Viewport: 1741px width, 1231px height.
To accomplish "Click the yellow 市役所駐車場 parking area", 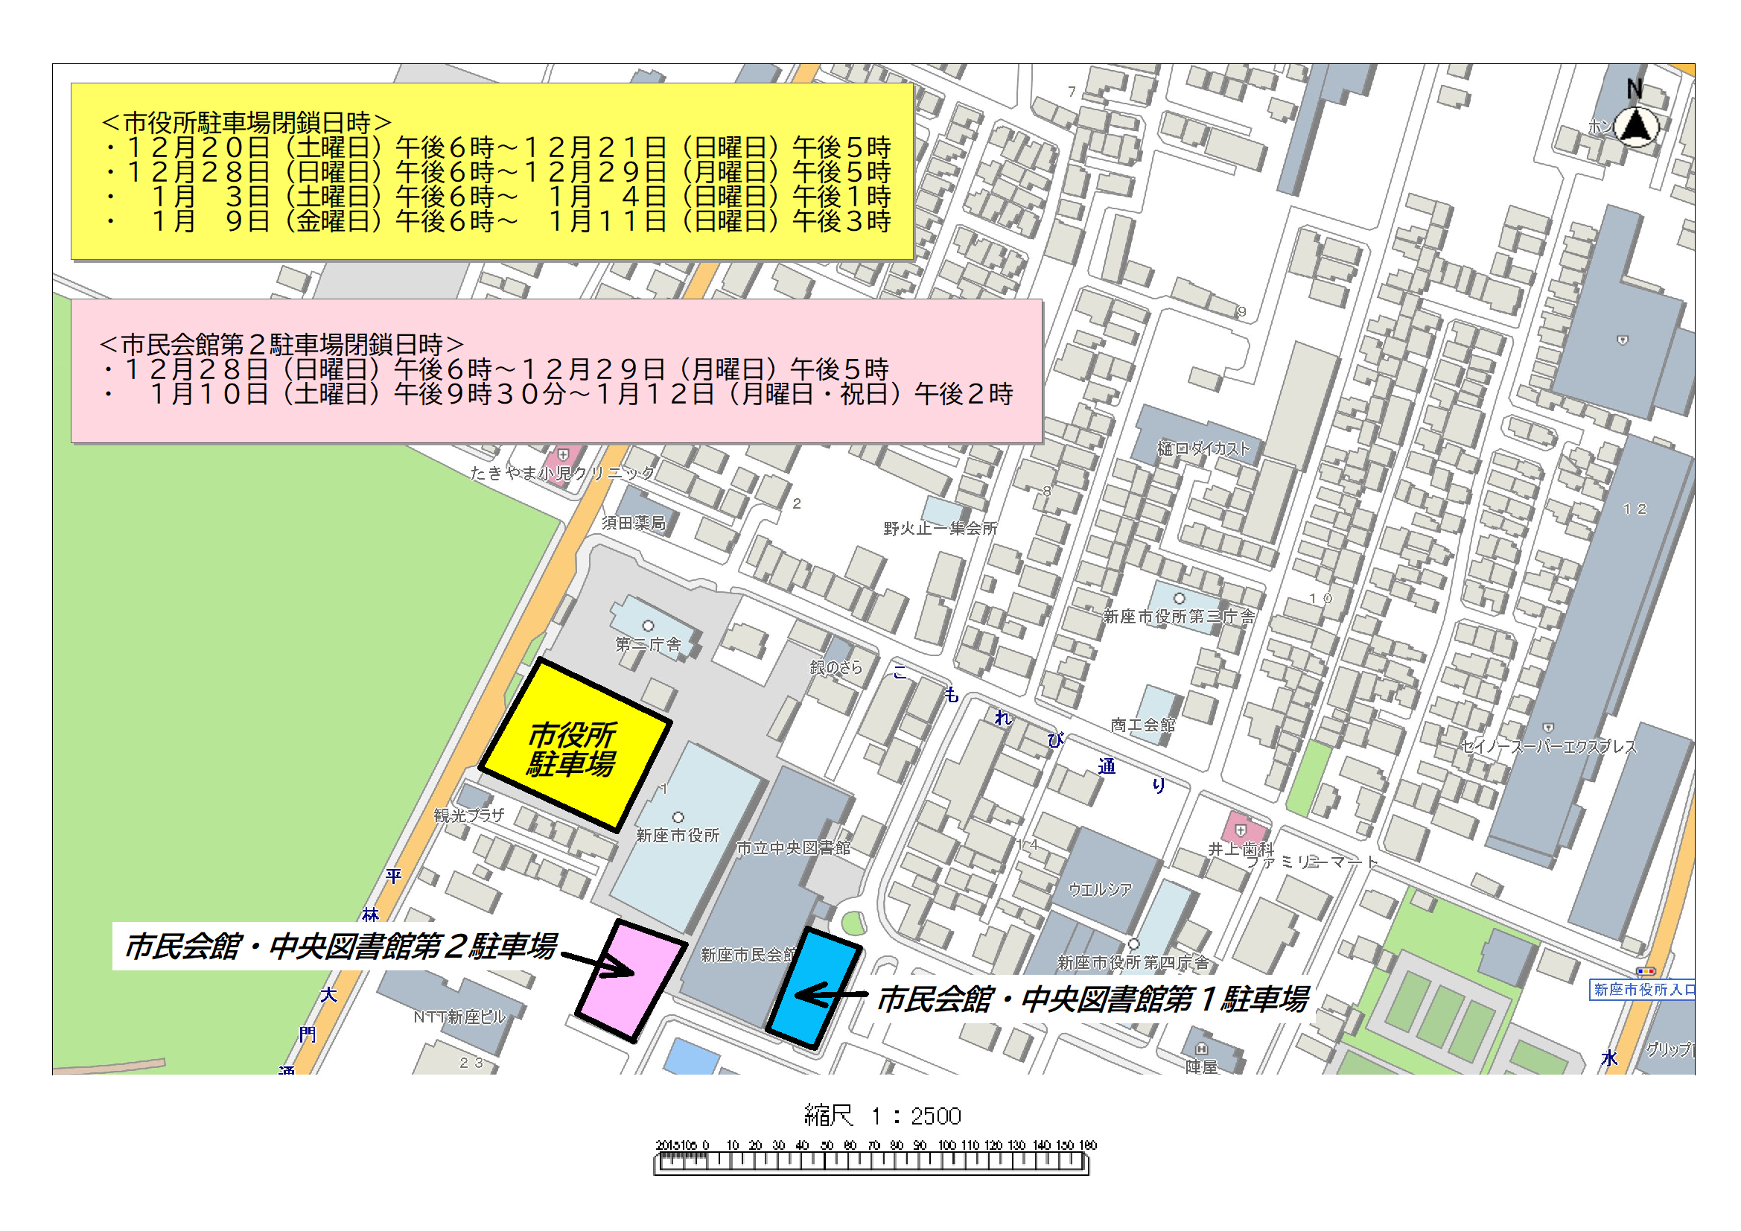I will pyautogui.click(x=574, y=747).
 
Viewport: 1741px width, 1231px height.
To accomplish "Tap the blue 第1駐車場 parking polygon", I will pyautogui.click(x=814, y=988).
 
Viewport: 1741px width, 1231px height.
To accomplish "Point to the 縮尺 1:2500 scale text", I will pyautogui.click(x=882, y=1116).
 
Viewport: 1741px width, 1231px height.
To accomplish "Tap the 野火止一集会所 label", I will pyautogui.click(x=940, y=528).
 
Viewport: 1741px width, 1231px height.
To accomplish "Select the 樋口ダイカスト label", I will pyautogui.click(x=1203, y=448).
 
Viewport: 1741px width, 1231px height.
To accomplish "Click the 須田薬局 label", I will pyautogui.click(x=634, y=523).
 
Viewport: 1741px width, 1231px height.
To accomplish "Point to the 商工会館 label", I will pyautogui.click(x=1143, y=725).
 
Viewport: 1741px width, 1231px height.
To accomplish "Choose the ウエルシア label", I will pyautogui.click(x=1100, y=889).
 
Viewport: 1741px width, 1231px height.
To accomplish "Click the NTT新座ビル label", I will pyautogui.click(x=459, y=1017).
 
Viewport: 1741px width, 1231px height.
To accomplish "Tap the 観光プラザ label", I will pyautogui.click(x=468, y=815).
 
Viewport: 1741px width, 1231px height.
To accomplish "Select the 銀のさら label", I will pyautogui.click(x=836, y=667).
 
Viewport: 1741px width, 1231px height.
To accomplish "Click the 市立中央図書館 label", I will pyautogui.click(x=793, y=848).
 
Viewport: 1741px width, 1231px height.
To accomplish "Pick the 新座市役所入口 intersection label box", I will pyautogui.click(x=1642, y=990).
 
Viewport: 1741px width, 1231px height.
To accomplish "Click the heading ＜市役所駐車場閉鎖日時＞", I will pyautogui.click(x=246, y=122).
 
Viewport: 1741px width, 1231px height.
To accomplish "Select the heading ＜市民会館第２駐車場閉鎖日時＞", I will pyautogui.click(x=281, y=344).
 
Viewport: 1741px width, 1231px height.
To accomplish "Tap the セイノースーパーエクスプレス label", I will pyautogui.click(x=1548, y=747).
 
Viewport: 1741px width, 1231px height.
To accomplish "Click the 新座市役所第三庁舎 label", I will pyautogui.click(x=1178, y=617).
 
